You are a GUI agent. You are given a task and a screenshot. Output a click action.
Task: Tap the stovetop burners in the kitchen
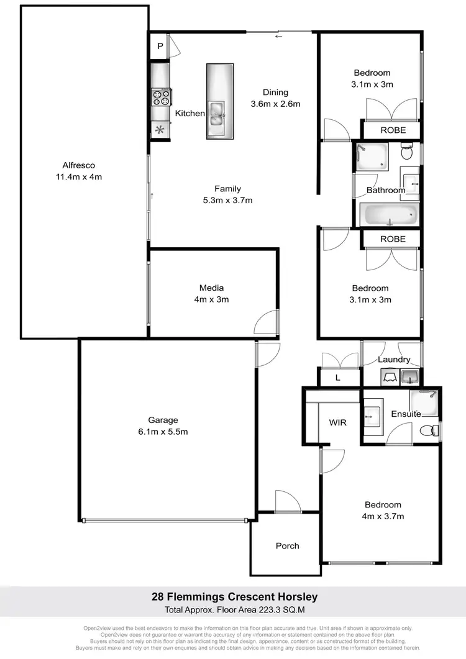161,98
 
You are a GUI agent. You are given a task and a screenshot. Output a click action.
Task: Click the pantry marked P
160,47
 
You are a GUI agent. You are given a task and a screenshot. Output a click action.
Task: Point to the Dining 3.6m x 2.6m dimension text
275,104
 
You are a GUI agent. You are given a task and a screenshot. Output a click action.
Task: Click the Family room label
228,189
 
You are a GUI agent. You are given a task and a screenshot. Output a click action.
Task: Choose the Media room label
211,288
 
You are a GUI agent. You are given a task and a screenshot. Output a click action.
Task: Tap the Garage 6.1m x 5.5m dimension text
163,431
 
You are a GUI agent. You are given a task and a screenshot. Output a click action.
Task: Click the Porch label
287,546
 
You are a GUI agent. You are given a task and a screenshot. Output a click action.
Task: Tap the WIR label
337,422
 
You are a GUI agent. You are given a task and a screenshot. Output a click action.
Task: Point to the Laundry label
394,360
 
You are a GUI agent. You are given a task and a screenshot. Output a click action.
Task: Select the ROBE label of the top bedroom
393,130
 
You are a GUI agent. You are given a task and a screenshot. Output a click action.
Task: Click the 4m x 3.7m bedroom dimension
383,516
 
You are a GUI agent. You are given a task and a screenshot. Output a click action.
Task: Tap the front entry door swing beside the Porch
287,501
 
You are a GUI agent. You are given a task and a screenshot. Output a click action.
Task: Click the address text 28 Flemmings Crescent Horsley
235,597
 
